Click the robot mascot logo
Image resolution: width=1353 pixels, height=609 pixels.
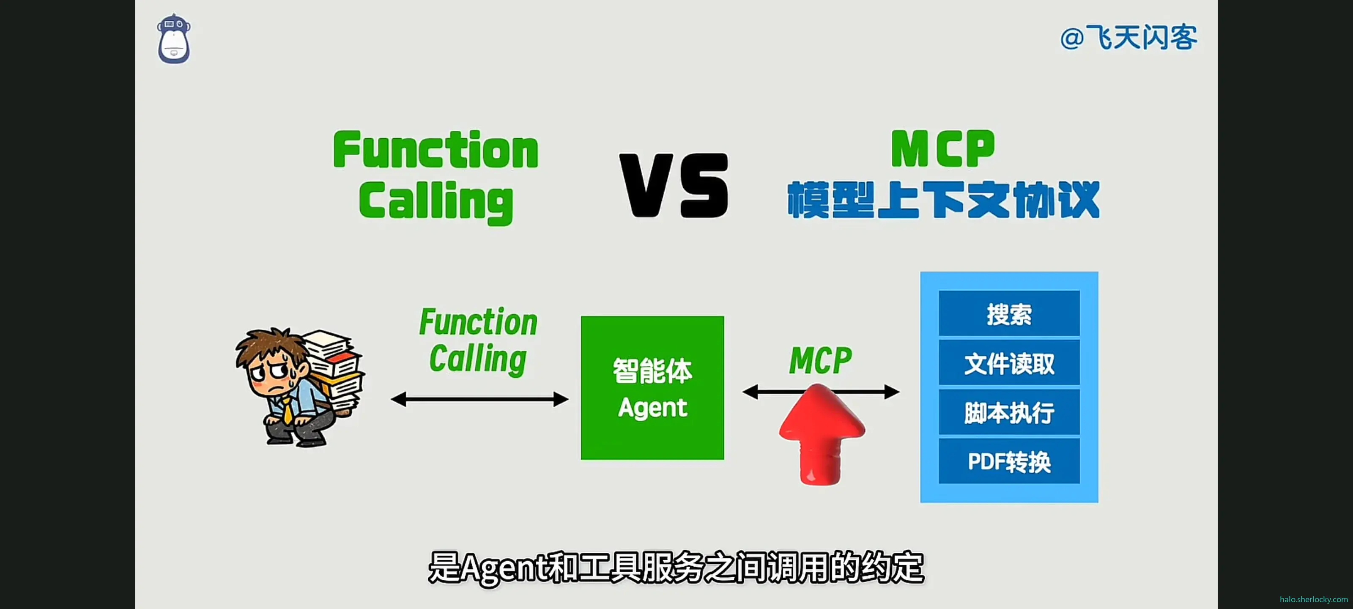click(174, 39)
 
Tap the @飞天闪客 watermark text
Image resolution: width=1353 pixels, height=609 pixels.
click(1128, 38)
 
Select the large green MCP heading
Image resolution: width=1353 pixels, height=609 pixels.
click(943, 149)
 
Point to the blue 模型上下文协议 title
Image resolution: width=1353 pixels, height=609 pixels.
click(943, 200)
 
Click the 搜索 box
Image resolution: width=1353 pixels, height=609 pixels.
click(1009, 314)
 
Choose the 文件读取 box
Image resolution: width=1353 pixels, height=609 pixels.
click(1009, 363)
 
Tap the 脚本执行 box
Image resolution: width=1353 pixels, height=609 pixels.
click(1009, 412)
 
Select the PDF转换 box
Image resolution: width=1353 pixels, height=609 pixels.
click(1009, 461)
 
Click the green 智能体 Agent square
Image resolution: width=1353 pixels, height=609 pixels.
click(652, 388)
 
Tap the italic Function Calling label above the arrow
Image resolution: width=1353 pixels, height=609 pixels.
click(478, 340)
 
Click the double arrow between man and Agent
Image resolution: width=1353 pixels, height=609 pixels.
click(479, 399)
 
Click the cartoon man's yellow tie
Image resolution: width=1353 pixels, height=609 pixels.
click(288, 410)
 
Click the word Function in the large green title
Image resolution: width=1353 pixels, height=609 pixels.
click(436, 150)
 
